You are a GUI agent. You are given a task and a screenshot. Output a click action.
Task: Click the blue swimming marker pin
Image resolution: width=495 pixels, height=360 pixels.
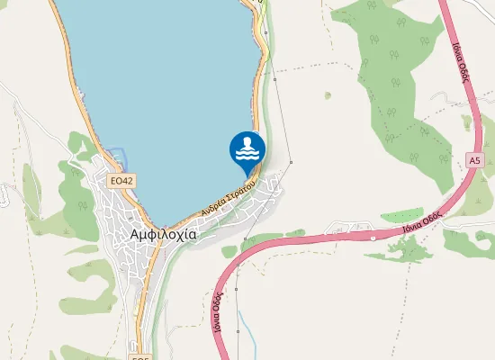(x=247, y=150)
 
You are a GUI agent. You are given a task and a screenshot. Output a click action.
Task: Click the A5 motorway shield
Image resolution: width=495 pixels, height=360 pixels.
(x=474, y=159)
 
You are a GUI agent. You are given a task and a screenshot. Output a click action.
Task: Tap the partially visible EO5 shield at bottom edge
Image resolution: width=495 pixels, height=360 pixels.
(x=139, y=357)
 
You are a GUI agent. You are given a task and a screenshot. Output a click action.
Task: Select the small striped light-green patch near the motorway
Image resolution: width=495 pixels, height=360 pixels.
(x=402, y=215)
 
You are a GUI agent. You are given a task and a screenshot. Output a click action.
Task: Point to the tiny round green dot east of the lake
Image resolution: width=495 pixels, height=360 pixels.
(x=328, y=94)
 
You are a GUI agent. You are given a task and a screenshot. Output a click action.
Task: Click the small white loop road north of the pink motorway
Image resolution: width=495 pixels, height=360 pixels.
(x=346, y=225)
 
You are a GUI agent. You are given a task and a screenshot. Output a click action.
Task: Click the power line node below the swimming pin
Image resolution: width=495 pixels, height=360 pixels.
(x=245, y=238)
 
